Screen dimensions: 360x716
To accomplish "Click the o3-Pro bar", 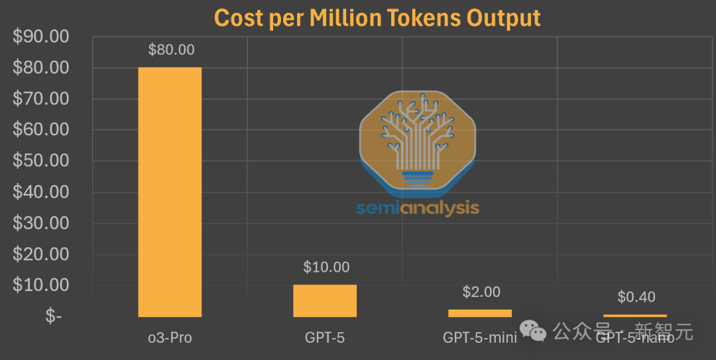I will [x=170, y=192].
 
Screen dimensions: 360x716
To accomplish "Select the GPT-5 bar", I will [x=325, y=301].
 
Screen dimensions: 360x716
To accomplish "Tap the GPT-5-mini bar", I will [x=480, y=313].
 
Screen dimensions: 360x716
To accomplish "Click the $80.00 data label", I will [x=171, y=50].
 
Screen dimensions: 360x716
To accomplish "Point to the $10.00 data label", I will [x=326, y=267].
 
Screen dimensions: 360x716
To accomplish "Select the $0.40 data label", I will [x=636, y=297].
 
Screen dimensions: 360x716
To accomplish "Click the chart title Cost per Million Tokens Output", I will [x=377, y=18].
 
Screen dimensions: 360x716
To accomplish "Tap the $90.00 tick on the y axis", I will [x=41, y=36].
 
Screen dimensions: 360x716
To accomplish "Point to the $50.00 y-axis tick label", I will [x=41, y=161].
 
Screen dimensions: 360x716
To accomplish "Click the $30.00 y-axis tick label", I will [x=41, y=223].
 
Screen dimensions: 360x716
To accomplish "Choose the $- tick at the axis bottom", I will [x=54, y=317].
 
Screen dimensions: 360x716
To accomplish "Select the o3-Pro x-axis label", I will [x=170, y=337].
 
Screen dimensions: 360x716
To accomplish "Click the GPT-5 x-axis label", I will [x=325, y=337].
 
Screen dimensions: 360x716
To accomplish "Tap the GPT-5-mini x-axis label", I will [x=480, y=337].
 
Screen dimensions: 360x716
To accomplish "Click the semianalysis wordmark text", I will [x=418, y=208].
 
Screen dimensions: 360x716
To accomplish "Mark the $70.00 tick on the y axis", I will [x=41, y=99].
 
